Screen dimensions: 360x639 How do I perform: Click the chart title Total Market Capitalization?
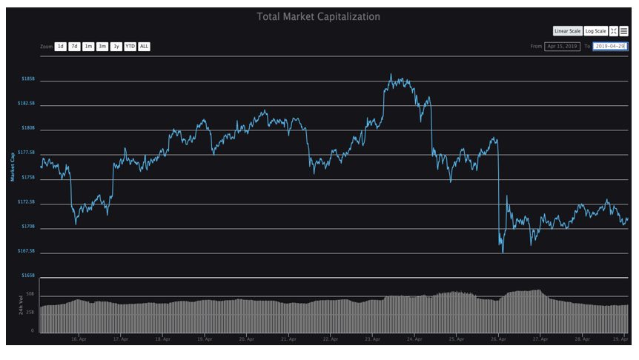click(318, 16)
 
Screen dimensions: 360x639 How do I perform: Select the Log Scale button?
click(595, 31)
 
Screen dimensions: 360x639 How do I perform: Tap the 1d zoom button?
click(61, 47)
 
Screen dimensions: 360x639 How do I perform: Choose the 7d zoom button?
click(74, 47)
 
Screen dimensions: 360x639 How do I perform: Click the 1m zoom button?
click(88, 47)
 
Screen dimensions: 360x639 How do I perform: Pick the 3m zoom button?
click(102, 47)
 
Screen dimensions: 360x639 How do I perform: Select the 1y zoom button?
click(116, 47)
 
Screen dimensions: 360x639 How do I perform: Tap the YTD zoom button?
click(130, 47)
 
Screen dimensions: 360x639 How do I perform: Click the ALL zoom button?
click(144, 47)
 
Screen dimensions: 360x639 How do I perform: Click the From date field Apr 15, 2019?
click(562, 47)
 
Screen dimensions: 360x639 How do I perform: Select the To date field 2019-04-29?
click(610, 47)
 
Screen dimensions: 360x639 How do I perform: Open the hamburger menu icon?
click(624, 31)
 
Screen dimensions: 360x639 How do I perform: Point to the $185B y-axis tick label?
click(27, 79)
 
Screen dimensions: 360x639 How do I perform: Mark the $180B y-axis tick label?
click(27, 128)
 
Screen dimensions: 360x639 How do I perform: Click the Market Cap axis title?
click(12, 166)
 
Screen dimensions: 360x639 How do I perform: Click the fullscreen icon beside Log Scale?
click(614, 31)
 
